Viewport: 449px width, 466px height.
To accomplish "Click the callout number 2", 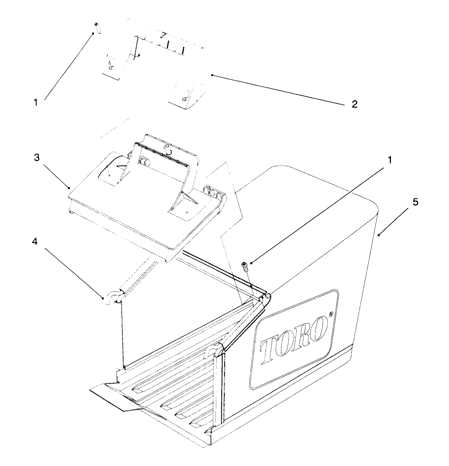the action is click(354, 104).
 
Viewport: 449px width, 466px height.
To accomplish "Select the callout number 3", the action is click(37, 158).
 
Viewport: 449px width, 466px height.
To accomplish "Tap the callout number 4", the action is click(35, 241).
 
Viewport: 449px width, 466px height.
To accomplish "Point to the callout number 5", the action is click(415, 202).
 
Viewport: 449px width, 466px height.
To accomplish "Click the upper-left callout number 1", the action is click(36, 102).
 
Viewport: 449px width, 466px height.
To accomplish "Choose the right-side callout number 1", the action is click(390, 160).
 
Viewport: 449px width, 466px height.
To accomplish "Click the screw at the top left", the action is click(97, 28).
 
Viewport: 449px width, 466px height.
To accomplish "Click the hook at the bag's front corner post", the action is click(214, 350).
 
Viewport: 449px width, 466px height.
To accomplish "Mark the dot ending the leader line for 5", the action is click(379, 236).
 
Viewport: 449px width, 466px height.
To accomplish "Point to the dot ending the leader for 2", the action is click(212, 75).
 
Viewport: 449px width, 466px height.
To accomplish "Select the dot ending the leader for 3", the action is click(69, 187).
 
